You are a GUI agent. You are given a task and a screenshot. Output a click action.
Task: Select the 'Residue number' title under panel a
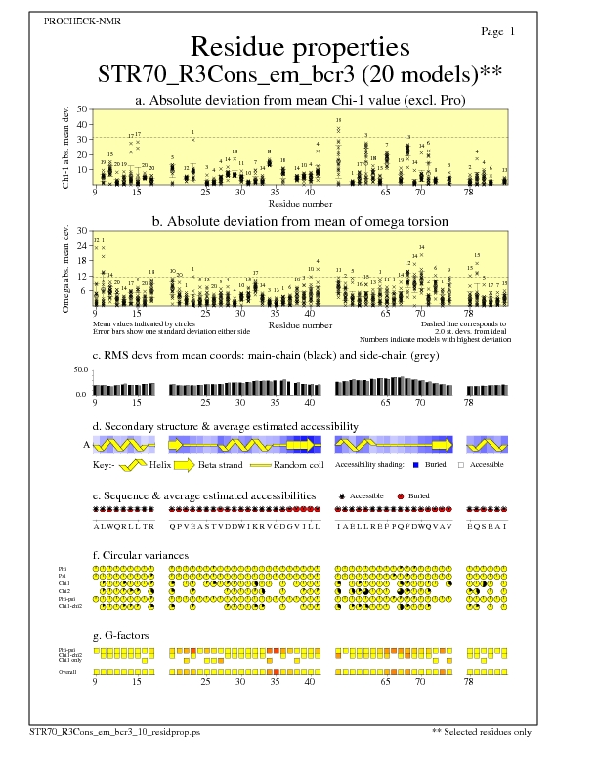click(x=299, y=203)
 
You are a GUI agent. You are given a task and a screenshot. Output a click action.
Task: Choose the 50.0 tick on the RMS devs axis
click(x=81, y=371)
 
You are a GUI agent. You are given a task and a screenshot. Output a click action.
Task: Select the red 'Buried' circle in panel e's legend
click(x=401, y=497)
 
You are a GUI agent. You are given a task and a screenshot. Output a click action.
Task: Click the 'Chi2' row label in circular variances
click(x=64, y=591)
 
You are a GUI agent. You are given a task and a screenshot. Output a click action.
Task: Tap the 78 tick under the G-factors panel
click(x=469, y=684)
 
